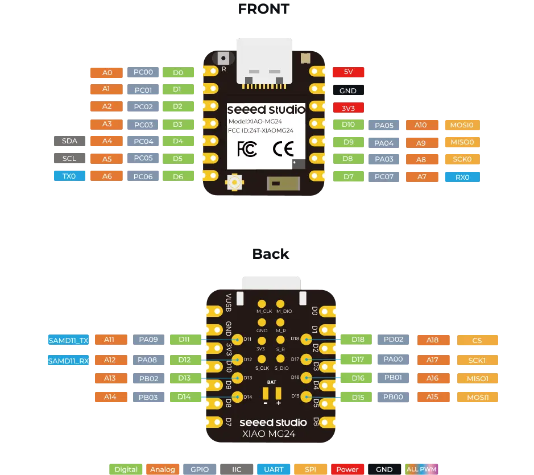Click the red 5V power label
pos(349,72)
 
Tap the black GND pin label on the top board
pos(347,90)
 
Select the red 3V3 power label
pos(347,108)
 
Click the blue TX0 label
pos(68,176)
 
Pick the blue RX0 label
pos(462,177)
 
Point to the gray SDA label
pos(69,141)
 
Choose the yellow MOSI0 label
pos(462,125)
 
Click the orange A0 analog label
pos(107,73)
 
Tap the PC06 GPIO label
pos(143,177)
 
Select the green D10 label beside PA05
pos(349,125)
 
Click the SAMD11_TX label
pos(68,340)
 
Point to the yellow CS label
pos(477,340)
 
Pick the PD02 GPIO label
pos(393,340)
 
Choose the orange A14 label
pos(110,397)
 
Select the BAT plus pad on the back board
pos(279,394)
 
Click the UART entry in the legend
pos(274,469)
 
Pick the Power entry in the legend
pos(347,469)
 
